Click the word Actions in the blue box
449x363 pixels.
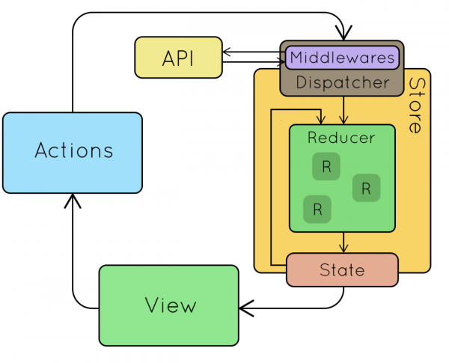(x=73, y=151)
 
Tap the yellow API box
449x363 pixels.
(x=178, y=58)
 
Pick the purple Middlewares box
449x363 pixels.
(x=341, y=57)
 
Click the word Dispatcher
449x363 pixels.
(x=343, y=82)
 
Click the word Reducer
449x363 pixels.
(x=341, y=138)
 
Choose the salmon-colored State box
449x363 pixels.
(x=341, y=269)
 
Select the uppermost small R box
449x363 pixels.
(x=326, y=166)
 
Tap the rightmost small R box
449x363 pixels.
(x=366, y=188)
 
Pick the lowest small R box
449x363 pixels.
(x=317, y=209)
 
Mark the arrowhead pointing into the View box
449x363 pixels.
(x=245, y=306)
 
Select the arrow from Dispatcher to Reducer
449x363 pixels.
(x=343, y=110)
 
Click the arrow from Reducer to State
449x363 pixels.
(x=343, y=242)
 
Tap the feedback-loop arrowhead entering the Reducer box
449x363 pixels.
(x=320, y=120)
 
